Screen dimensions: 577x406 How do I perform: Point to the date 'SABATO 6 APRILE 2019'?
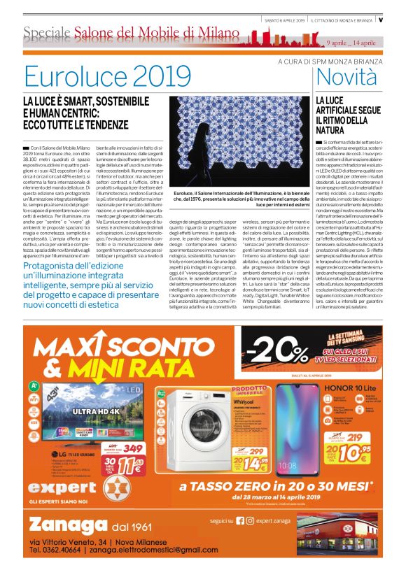[x=285, y=20]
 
